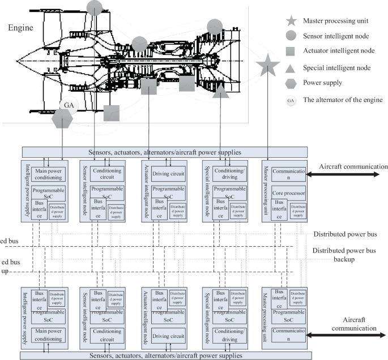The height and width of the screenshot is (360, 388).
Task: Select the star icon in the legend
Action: coord(291,22)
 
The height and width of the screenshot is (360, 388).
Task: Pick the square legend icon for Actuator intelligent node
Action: coord(291,51)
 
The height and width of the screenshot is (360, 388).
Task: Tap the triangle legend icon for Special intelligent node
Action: coord(291,67)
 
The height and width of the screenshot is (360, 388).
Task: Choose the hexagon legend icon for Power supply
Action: coord(291,83)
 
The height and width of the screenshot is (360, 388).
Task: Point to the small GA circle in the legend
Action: coord(291,100)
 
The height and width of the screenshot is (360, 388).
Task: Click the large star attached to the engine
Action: coord(267,66)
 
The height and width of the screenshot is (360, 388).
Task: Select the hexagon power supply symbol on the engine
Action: coord(62,119)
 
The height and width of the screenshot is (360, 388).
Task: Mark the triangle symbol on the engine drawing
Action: coord(220,91)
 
